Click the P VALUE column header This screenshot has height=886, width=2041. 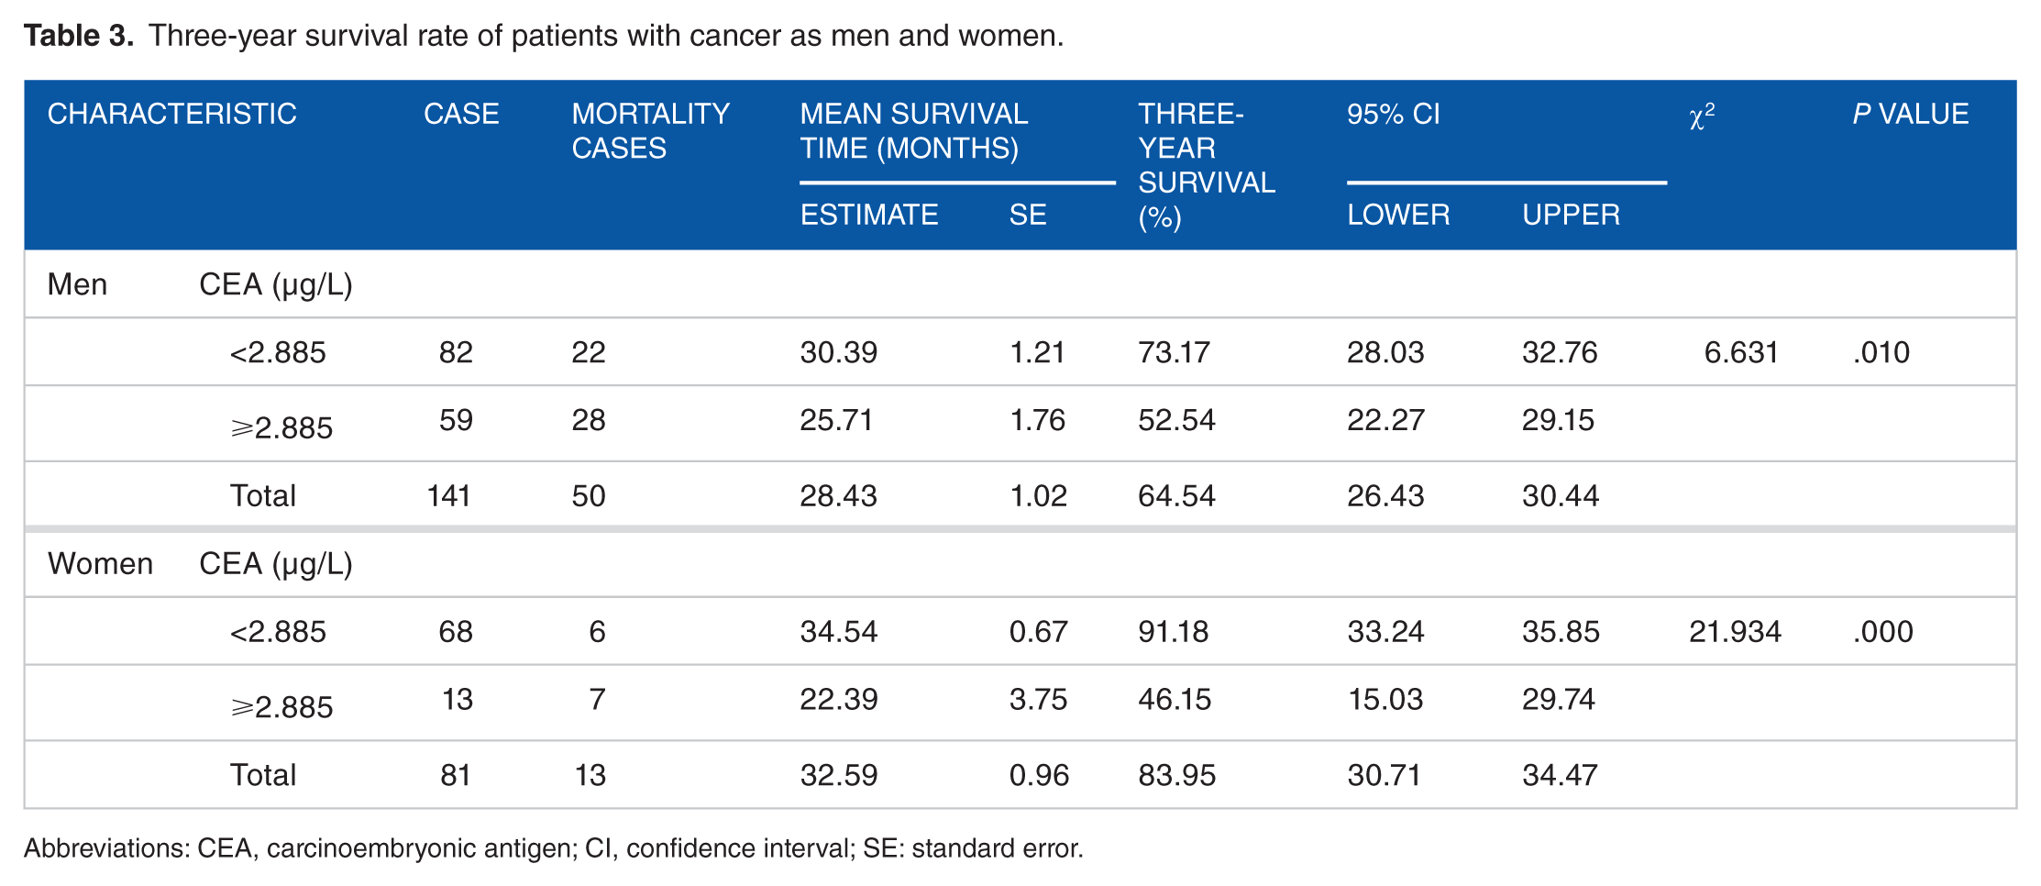coord(1910,114)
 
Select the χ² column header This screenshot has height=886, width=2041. coord(1702,116)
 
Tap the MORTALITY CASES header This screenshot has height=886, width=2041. coord(650,130)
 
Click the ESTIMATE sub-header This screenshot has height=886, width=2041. coord(868,215)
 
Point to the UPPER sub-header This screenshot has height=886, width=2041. coord(1571,215)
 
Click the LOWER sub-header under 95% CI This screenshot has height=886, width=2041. coord(1398,215)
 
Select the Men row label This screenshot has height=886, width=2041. coord(77,284)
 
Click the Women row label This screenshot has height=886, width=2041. coord(100,563)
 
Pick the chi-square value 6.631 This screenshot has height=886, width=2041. coord(1741,352)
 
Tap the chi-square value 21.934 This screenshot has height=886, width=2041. coord(1735,631)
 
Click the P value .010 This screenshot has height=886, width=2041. coord(1881,352)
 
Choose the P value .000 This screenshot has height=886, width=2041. coord(1882,631)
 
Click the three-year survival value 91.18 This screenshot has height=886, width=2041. coord(1174,631)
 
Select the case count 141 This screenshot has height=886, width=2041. coord(449,495)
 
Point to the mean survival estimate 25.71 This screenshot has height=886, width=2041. coord(836,420)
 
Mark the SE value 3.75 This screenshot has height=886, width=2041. coord(1038,699)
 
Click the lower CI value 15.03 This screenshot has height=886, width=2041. coord(1385,699)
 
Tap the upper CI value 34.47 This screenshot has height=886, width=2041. coord(1560,775)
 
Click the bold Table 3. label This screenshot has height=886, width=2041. coord(79,36)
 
